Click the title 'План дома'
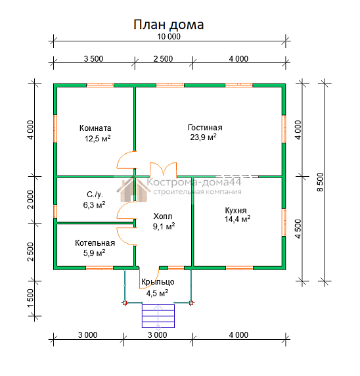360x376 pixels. point(169,24)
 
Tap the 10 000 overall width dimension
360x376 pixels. point(169,37)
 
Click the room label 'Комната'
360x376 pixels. point(95,128)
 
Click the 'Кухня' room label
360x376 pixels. point(235,210)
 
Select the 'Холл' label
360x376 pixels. point(163,216)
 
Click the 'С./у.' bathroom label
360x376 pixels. point(95,195)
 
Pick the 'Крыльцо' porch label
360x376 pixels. point(158,283)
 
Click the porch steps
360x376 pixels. point(158,316)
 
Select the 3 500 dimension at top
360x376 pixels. point(93,59)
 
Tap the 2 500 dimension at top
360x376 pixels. point(163,59)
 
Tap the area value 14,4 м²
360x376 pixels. point(237,220)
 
